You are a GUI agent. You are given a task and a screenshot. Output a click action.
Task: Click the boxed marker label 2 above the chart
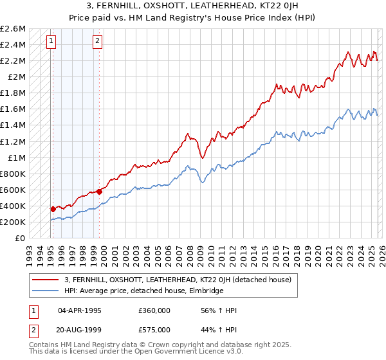click(x=97, y=42)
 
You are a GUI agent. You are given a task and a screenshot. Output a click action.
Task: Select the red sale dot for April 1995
click(x=53, y=209)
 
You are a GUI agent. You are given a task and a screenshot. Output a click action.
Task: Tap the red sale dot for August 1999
click(x=100, y=191)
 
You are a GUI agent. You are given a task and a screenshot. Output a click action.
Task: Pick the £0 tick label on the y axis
click(x=20, y=238)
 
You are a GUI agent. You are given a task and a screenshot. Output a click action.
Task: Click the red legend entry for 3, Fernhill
click(x=178, y=280)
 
